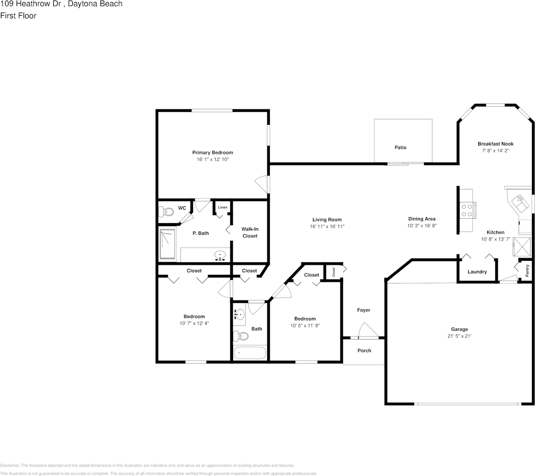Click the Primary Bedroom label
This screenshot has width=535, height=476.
click(212, 152)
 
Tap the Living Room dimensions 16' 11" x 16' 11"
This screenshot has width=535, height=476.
click(327, 226)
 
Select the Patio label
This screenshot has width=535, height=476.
click(400, 147)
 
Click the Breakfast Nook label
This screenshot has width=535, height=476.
click(495, 144)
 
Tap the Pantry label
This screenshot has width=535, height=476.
click(527, 271)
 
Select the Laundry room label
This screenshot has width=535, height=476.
click(477, 272)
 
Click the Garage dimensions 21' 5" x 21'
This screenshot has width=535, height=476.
click(459, 336)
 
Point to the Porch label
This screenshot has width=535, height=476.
click(364, 351)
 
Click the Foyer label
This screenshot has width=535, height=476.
click(364, 310)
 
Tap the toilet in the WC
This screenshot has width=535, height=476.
click(166, 212)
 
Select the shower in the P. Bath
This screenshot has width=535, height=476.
click(168, 244)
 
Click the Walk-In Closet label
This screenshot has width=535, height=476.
click(250, 232)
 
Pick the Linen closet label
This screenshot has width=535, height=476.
click(222, 207)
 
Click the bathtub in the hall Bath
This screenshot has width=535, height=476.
click(250, 353)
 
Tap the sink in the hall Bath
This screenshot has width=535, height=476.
click(240, 315)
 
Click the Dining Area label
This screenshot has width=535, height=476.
click(421, 219)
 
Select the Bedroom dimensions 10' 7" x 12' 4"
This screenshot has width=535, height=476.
click(194, 324)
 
